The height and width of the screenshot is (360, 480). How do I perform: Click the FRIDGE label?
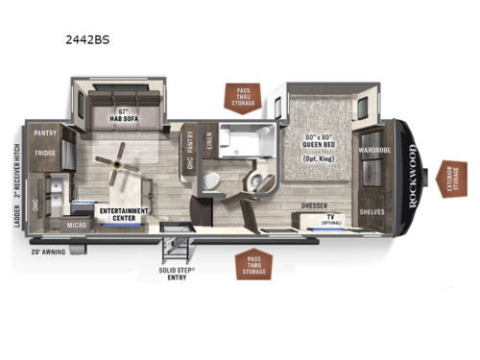[x=45, y=152]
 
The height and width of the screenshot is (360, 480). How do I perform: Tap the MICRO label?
[x=79, y=225]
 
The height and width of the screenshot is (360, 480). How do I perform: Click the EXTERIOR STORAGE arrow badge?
[x=449, y=178]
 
